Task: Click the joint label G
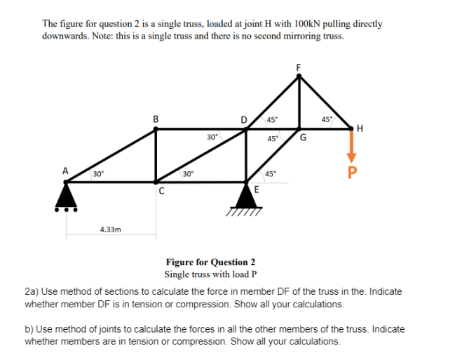pyautogui.click(x=304, y=139)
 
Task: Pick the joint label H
pyautogui.click(x=360, y=128)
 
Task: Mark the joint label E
pyautogui.click(x=257, y=190)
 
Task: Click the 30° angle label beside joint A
pyautogui.click(x=98, y=173)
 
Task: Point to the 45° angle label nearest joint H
pyautogui.click(x=325, y=119)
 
